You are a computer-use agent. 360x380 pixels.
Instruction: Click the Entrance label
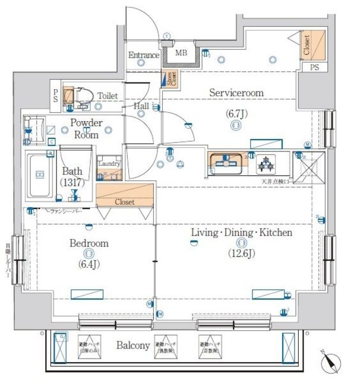(x=144, y=56)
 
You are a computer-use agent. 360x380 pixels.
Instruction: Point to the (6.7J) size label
(x=236, y=113)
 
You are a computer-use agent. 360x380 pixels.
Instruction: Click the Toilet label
(x=108, y=96)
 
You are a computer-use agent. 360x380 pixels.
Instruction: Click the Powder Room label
(x=87, y=129)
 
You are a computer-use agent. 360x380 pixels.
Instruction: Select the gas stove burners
(x=263, y=162)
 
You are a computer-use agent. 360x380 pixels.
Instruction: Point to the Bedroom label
(x=89, y=243)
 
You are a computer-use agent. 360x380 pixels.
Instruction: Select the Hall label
(x=141, y=106)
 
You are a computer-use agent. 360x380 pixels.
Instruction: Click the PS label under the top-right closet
(x=314, y=68)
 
